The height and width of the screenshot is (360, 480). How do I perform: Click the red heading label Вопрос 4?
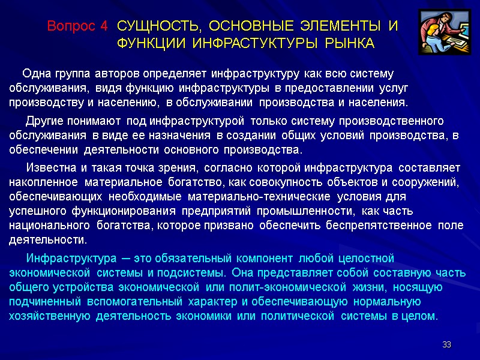click(x=78, y=26)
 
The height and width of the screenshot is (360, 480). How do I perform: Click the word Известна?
click(x=52, y=167)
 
